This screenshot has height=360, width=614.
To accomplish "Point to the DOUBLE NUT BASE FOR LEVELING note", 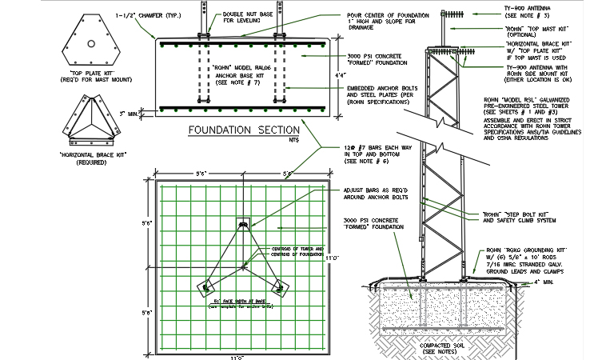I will (223, 18).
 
